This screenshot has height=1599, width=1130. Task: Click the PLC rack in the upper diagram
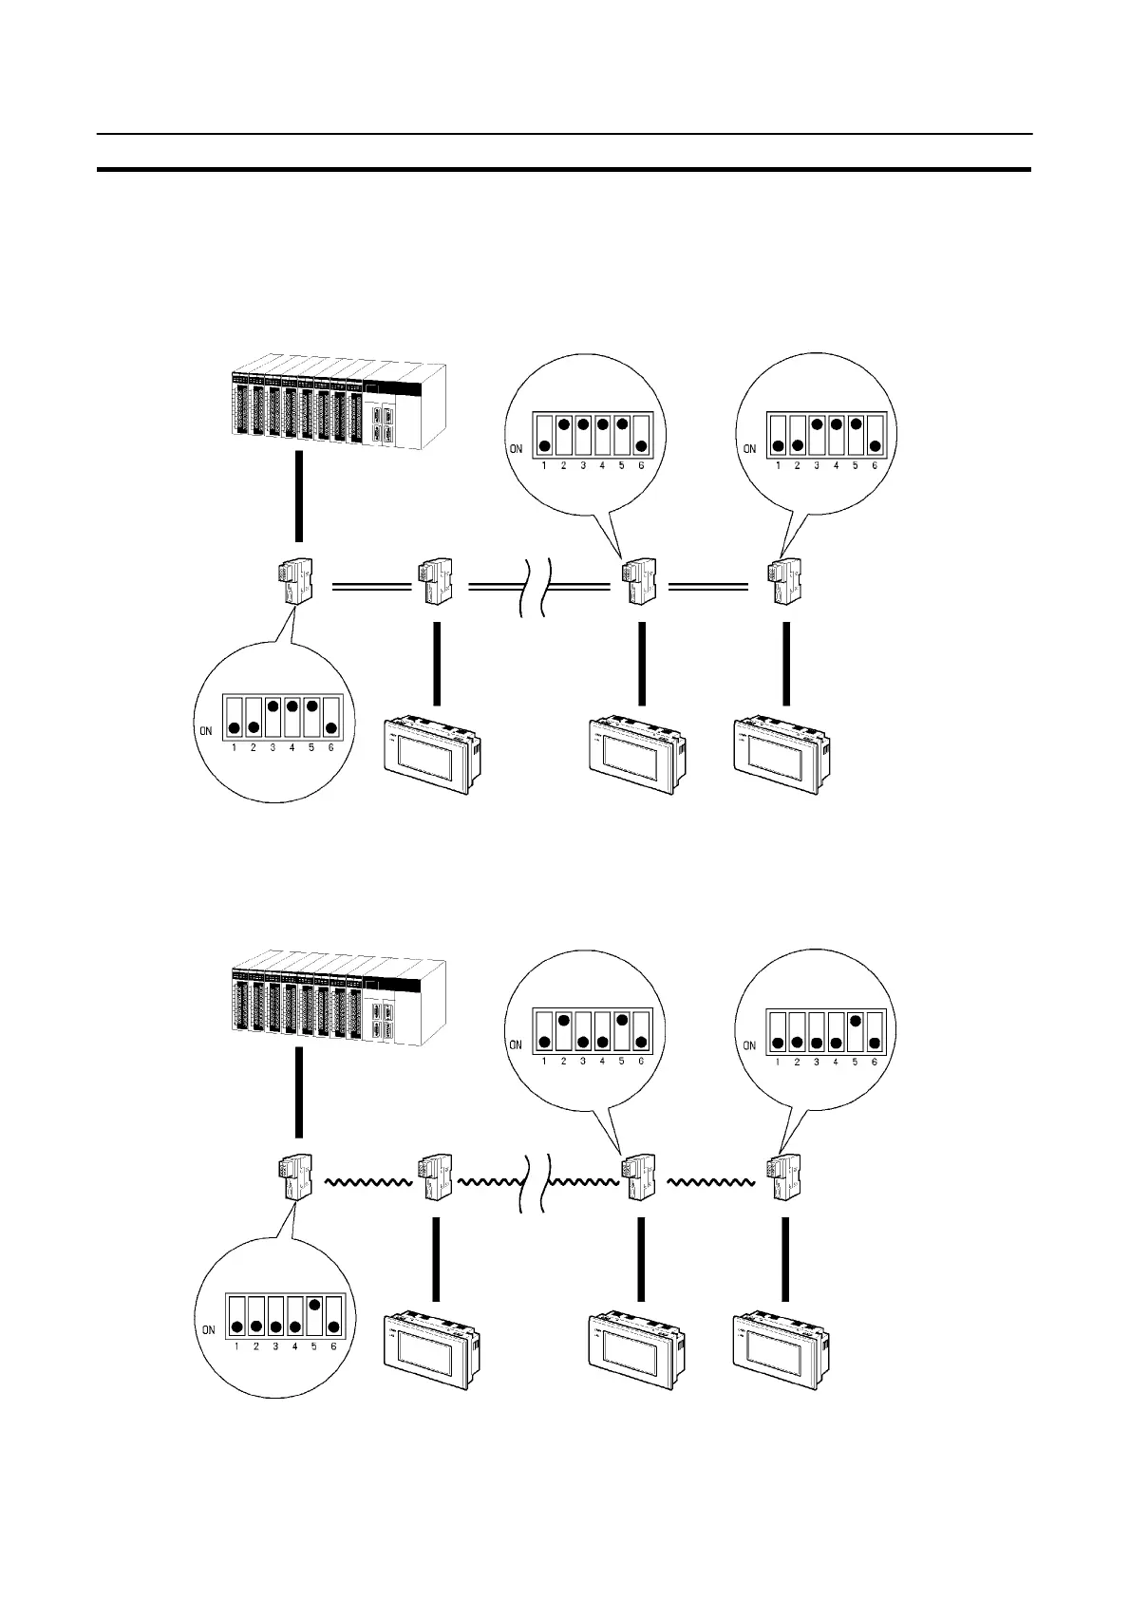coord(338,404)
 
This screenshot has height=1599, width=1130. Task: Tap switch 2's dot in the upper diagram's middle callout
coord(563,424)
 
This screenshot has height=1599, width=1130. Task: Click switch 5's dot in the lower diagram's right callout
coord(855,1022)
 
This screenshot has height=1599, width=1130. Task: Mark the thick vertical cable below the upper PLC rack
coord(299,497)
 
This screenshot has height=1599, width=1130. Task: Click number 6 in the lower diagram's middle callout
coord(641,1061)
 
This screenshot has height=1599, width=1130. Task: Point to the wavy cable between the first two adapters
coord(367,1183)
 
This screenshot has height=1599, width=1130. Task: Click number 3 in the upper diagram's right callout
coord(817,466)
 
